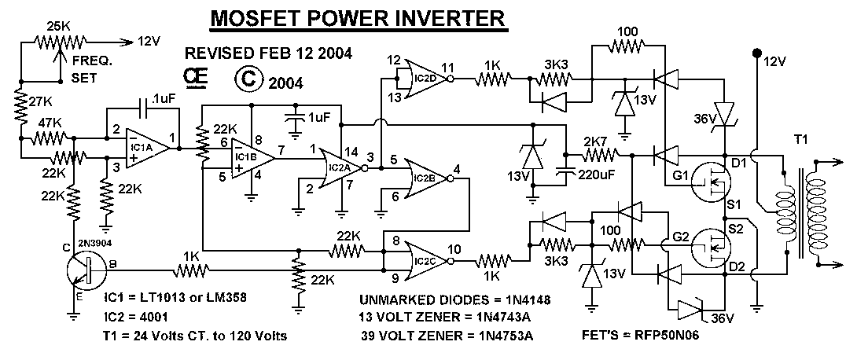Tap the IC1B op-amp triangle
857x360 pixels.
click(248, 157)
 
